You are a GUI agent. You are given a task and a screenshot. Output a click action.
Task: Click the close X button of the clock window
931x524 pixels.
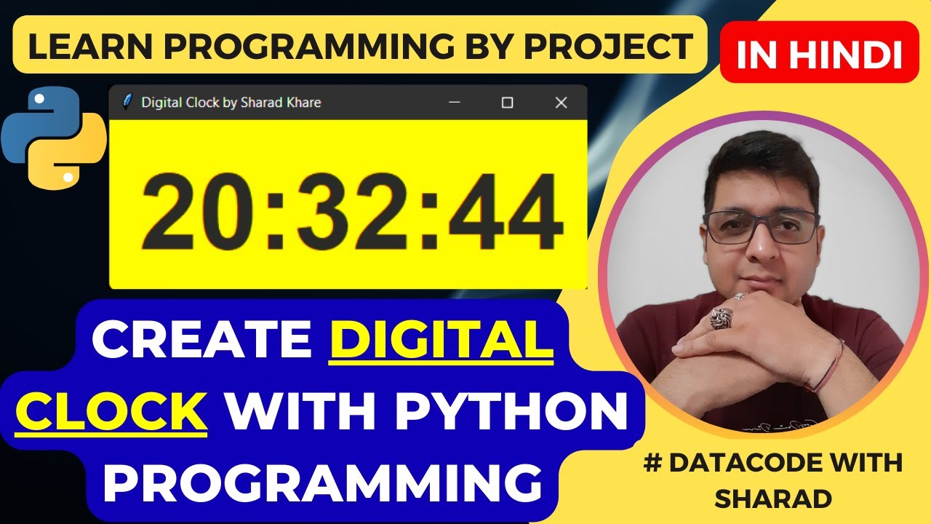pos(561,103)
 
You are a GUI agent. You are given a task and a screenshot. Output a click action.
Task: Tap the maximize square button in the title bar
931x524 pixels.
pos(508,103)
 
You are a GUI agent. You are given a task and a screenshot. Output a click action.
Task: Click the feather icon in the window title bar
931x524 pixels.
pos(127,102)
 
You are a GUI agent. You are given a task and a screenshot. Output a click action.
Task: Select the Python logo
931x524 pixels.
pos(54,138)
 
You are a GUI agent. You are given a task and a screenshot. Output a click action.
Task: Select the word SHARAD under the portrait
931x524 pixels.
pos(773,499)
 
